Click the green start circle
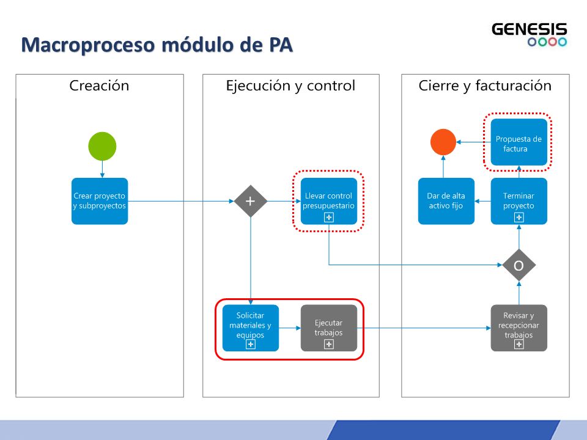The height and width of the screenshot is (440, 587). click(102, 146)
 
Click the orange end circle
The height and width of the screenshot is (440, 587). click(443, 142)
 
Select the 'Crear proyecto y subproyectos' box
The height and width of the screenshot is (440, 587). click(100, 201)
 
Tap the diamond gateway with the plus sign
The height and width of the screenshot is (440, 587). click(251, 201)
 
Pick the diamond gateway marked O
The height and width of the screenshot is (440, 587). click(519, 265)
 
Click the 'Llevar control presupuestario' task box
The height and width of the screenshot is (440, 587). click(329, 201)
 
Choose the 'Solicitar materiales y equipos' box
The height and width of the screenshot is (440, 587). click(251, 328)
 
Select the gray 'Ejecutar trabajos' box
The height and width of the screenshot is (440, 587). click(329, 328)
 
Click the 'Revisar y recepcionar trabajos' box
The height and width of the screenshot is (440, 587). click(519, 328)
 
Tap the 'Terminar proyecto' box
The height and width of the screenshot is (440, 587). click(519, 201)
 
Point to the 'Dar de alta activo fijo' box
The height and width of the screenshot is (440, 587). click(446, 201)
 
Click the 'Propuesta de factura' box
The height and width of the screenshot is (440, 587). click(519, 142)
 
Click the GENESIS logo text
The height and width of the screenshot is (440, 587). click(530, 29)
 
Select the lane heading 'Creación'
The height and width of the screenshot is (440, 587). click(99, 86)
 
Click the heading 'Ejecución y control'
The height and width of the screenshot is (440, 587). click(290, 86)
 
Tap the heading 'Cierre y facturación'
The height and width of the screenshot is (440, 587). click(485, 86)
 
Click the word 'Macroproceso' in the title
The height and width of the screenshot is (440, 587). click(88, 45)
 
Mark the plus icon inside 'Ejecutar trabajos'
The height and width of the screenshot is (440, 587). click(329, 344)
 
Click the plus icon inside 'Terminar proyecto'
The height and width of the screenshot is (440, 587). click(519, 218)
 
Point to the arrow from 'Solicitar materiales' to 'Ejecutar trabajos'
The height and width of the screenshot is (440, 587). click(290, 328)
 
